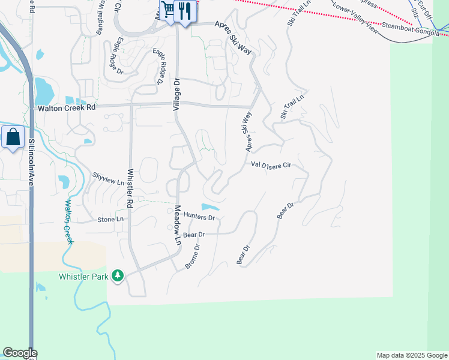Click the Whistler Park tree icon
point(118,275)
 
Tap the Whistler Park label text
point(83,277)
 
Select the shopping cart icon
point(169,10)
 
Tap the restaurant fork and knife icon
point(185,12)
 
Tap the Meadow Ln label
point(178,226)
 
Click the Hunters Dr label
point(199,216)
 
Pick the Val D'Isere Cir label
point(271,164)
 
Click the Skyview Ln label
point(108,178)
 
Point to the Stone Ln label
point(110,220)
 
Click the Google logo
point(19,353)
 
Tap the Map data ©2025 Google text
point(412,355)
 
